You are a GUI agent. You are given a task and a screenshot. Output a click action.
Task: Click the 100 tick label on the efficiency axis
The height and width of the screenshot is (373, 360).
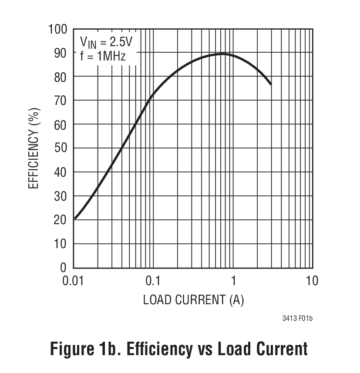click(57, 29)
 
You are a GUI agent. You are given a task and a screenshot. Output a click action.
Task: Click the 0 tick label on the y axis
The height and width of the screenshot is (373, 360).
click(63, 268)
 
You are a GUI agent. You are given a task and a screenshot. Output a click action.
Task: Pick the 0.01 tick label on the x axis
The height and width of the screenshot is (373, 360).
click(72, 281)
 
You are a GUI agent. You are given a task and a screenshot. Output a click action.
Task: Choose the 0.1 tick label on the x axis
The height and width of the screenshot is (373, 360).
click(153, 281)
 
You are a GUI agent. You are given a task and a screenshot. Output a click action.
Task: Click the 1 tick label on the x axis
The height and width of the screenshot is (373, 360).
click(233, 281)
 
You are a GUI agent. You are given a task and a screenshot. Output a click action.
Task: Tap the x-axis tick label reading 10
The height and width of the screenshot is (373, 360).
click(312, 281)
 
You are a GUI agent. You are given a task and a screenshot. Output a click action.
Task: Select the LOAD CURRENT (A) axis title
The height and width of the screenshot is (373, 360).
click(193, 300)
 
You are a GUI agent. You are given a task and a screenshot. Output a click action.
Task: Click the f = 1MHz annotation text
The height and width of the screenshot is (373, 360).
click(103, 56)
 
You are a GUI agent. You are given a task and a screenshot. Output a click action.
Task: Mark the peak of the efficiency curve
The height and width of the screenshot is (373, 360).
click(222, 54)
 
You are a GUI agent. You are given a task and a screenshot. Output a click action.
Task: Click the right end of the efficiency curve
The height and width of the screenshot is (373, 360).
click(271, 84)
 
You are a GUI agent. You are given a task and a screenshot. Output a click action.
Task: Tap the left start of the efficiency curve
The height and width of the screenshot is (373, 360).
click(75, 218)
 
